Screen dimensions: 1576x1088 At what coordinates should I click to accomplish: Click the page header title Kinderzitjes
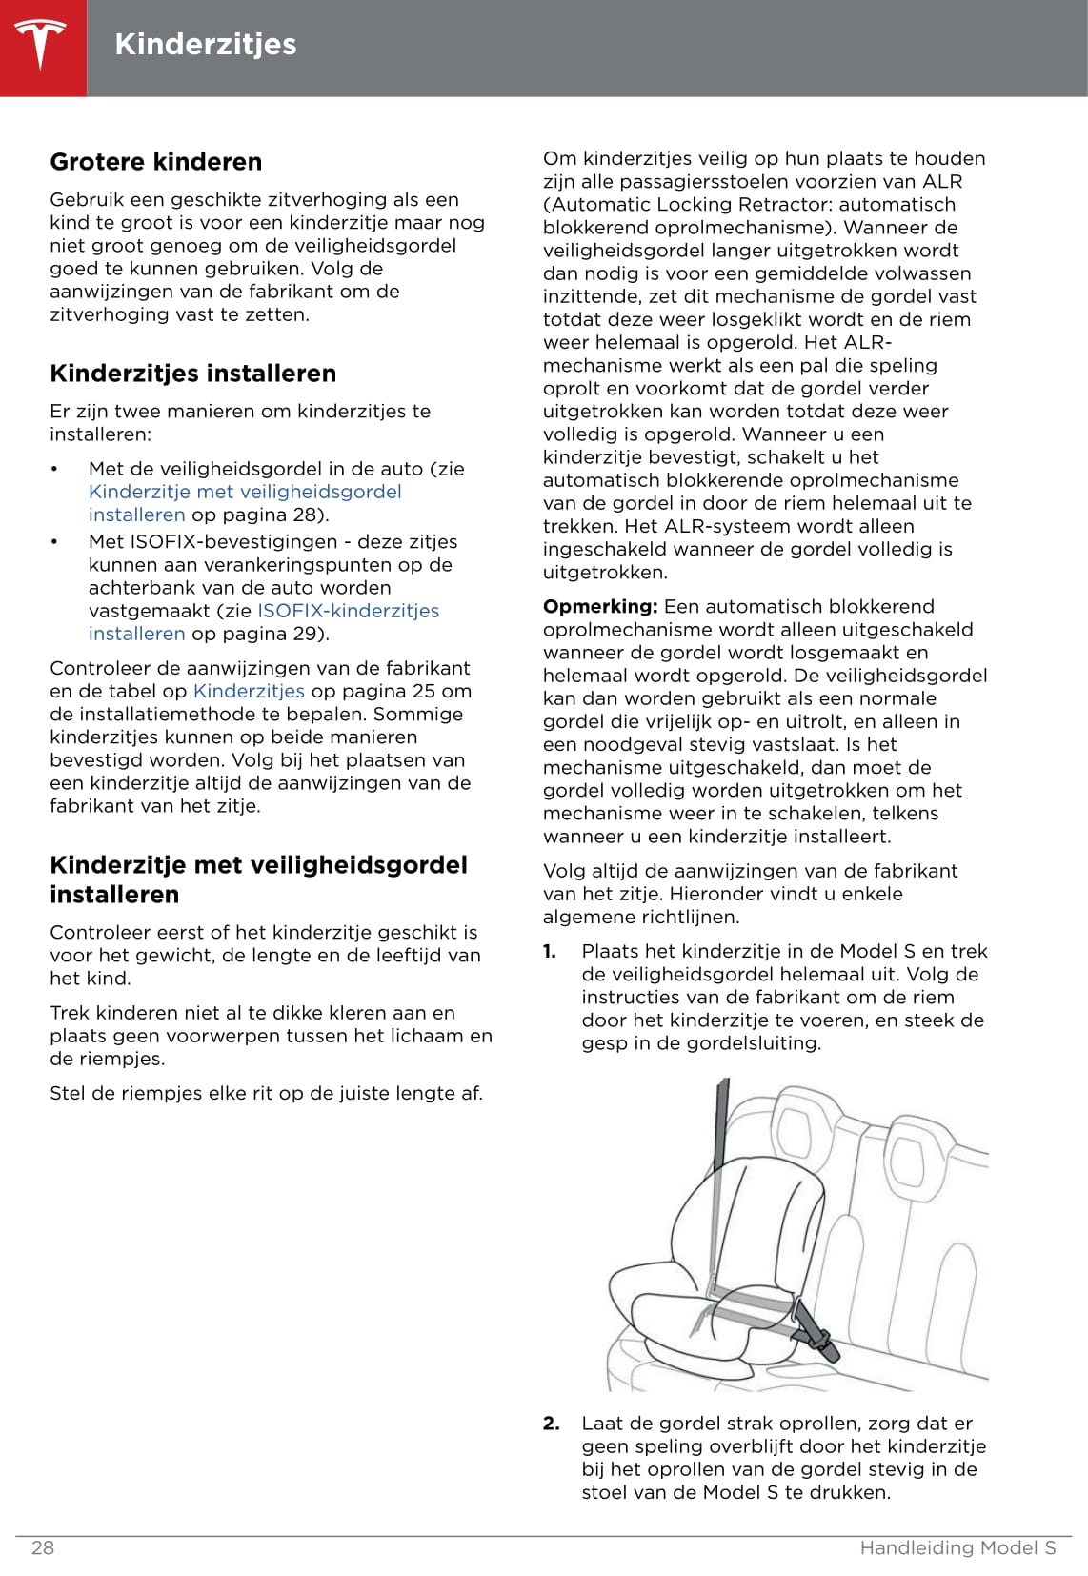pos(205,45)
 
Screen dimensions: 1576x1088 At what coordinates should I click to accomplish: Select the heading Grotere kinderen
pos(155,162)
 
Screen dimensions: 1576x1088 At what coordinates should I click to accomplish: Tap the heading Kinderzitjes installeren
pos(192,374)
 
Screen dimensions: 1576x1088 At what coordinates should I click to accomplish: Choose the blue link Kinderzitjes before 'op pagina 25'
pos(249,691)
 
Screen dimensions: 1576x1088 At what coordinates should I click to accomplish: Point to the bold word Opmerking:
pos(600,607)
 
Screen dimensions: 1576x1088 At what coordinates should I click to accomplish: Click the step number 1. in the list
pos(550,951)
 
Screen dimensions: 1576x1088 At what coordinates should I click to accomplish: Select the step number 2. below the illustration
pos(551,1424)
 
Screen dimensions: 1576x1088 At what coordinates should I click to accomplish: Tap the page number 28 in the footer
pos(43,1547)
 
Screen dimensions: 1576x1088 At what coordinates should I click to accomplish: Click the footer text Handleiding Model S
pos(957,1547)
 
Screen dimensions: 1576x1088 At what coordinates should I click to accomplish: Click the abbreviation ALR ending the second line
pos(942,182)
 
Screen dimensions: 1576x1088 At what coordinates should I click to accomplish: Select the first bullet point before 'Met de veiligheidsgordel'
pos(55,469)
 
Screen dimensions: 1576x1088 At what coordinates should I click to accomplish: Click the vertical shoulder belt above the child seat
pos(721,1124)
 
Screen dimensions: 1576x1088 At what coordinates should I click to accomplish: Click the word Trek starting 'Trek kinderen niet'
pos(69,1013)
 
